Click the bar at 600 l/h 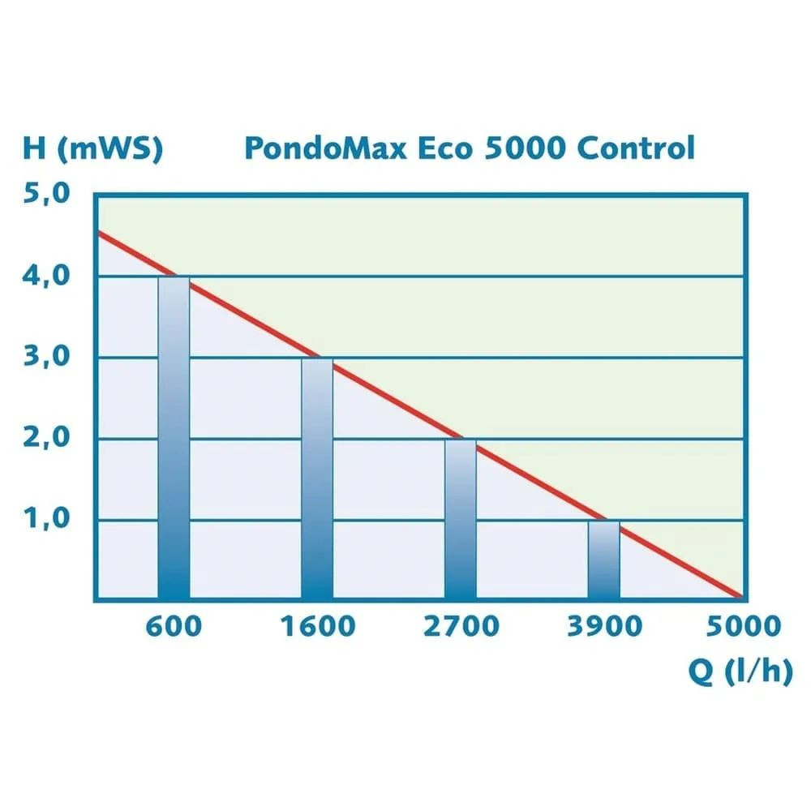coord(174,438)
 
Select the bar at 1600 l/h coord(317,478)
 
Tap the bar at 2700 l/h coord(461,519)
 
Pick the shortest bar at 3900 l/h coord(604,560)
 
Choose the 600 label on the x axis coord(174,626)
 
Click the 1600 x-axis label coord(317,626)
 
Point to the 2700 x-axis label coord(461,626)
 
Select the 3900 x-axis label coord(604,626)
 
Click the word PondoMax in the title coord(324,148)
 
